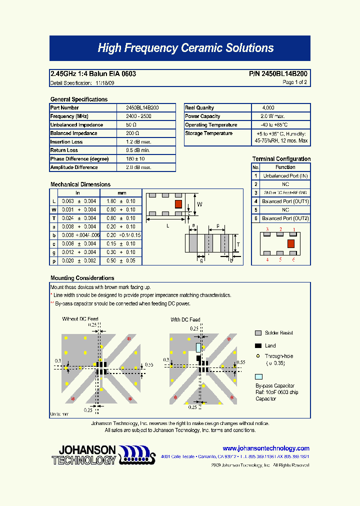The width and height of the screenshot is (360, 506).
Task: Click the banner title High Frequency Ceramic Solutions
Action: point(185,48)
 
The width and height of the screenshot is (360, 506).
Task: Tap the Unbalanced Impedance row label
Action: point(76,124)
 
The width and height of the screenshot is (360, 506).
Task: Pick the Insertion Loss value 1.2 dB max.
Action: point(138,142)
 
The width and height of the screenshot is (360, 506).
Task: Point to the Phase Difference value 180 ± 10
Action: point(135,159)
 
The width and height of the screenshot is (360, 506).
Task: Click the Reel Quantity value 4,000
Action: point(268,107)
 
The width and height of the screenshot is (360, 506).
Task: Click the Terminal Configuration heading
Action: point(281,159)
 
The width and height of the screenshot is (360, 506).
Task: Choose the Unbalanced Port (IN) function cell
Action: point(285,176)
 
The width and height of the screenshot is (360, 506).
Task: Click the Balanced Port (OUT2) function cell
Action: point(285,218)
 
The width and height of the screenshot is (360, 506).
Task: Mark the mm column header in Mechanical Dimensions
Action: point(121,193)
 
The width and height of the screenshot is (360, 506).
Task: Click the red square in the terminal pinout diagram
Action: point(290,243)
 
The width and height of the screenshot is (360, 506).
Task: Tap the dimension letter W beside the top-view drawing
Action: point(199,204)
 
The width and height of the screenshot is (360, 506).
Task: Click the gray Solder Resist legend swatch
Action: point(258,333)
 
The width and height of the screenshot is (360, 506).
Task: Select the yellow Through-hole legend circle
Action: point(258,356)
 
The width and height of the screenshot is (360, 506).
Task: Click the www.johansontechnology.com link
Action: point(266,448)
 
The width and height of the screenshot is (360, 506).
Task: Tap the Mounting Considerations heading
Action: point(82,278)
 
